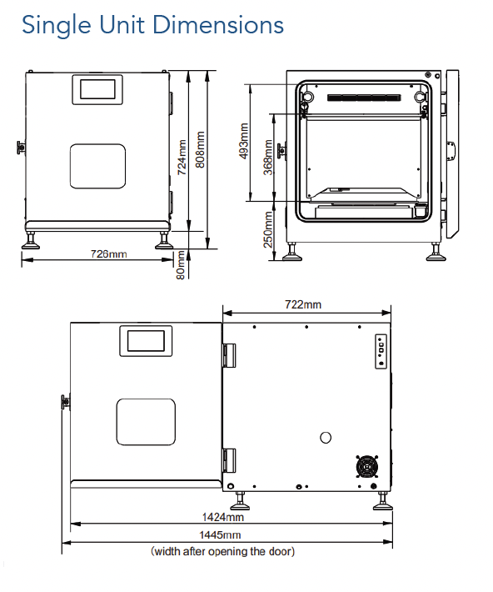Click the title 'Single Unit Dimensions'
(x=152, y=25)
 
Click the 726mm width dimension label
(x=109, y=253)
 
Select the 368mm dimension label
(x=266, y=158)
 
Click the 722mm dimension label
(x=303, y=305)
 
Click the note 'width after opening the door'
(x=222, y=551)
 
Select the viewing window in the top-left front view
(x=97, y=165)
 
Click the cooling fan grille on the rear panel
(x=366, y=468)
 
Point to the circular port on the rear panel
(x=326, y=437)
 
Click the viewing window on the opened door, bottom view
(x=146, y=421)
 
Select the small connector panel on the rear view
(x=381, y=351)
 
